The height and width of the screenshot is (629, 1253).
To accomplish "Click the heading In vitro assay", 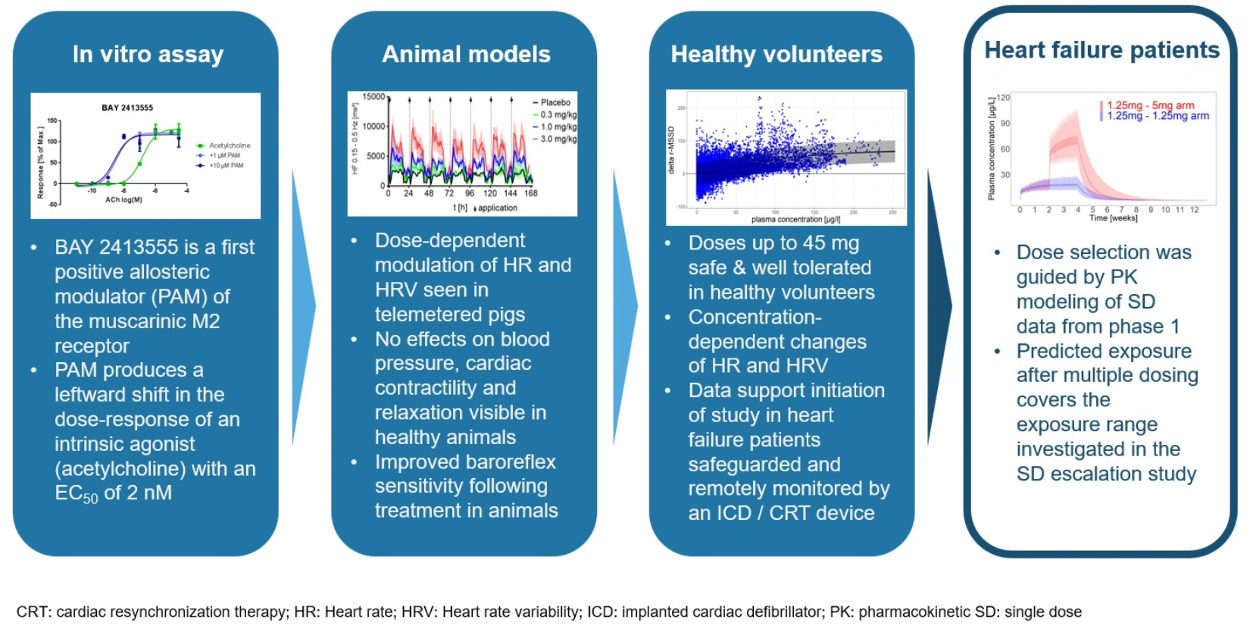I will [148, 55].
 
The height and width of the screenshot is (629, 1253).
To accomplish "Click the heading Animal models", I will [466, 55].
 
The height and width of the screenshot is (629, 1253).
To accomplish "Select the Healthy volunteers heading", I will [776, 55].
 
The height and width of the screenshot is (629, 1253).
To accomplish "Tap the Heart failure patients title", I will [1101, 50].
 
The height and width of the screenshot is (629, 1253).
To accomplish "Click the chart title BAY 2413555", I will [127, 108].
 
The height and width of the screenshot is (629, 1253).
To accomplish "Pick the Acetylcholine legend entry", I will [229, 146].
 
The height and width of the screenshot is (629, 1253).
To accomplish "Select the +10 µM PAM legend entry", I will [226, 165].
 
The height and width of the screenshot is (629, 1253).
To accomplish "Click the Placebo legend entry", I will [555, 102].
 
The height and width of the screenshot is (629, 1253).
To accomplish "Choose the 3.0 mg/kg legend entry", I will [558, 139].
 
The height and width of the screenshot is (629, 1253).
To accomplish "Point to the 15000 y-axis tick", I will [373, 97].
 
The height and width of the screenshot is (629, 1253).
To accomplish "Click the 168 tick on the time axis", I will [531, 193].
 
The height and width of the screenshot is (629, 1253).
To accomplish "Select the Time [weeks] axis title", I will [1113, 218].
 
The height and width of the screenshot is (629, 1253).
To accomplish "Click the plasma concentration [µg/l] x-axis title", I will [795, 220].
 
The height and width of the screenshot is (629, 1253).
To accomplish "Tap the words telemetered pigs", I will [449, 314].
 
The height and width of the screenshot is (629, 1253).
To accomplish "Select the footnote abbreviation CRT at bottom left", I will [32, 612].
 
